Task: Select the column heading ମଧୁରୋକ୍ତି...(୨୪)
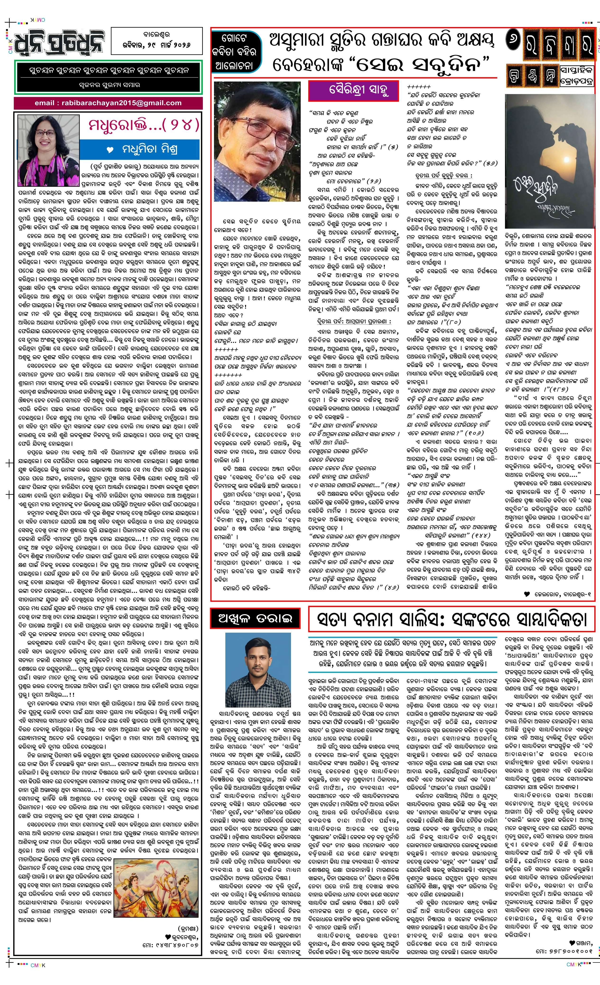coord(144,125)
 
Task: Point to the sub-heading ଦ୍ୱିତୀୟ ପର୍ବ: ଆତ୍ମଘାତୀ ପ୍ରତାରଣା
coord(349,321)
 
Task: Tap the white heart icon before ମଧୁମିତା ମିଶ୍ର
coord(111,150)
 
